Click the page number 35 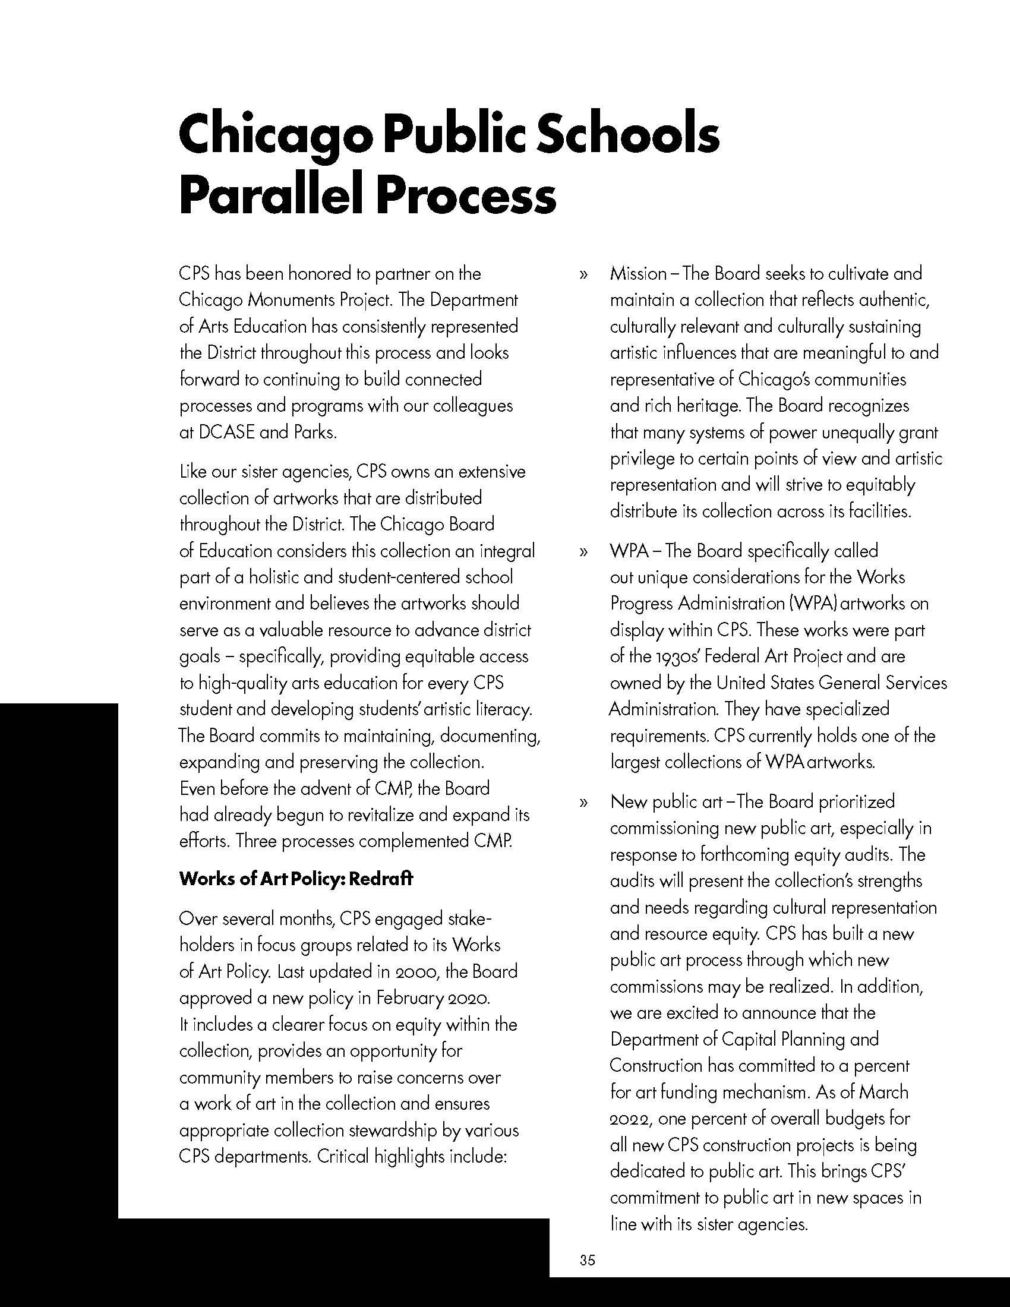587,1259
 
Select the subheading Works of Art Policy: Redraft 296,880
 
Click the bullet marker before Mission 583,275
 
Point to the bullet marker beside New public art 583,803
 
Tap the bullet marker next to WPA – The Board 583,552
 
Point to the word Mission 638,274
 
